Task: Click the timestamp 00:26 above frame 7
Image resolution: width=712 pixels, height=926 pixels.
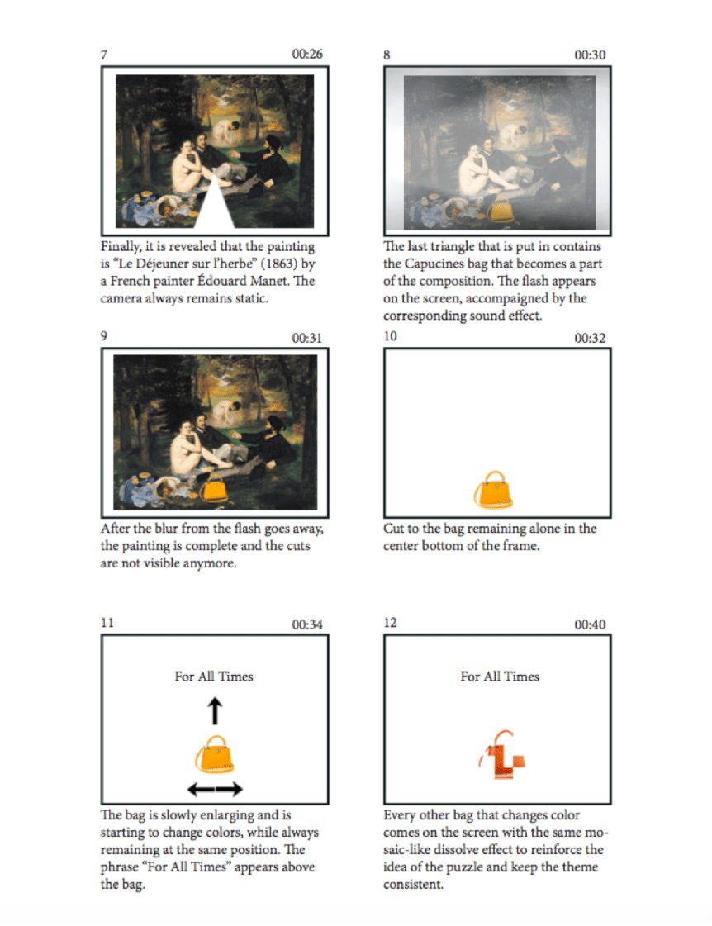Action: point(307,54)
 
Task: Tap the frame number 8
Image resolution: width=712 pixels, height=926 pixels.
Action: point(387,55)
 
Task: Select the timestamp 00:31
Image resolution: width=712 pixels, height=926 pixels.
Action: point(307,338)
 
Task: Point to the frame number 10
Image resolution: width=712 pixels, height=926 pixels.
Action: point(390,336)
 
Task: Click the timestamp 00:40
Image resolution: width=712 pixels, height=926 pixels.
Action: point(590,624)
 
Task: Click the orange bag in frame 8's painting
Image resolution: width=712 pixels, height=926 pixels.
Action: point(500,211)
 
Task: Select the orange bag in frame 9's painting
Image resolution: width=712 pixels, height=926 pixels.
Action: point(214,488)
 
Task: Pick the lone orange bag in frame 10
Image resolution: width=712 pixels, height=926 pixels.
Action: point(494,490)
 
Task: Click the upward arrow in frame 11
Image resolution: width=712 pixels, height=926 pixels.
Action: point(215,711)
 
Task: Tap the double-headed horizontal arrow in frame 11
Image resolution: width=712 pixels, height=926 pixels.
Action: point(215,788)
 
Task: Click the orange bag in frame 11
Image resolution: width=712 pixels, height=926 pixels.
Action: point(215,754)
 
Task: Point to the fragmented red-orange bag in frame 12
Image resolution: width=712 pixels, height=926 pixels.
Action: point(502,756)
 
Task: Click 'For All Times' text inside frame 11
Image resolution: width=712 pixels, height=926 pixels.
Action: point(214,677)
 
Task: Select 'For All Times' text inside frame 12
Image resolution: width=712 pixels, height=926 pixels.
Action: point(500,677)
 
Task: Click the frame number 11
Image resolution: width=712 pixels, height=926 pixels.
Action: point(107,623)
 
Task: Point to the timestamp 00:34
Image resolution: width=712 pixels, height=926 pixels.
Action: point(307,624)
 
